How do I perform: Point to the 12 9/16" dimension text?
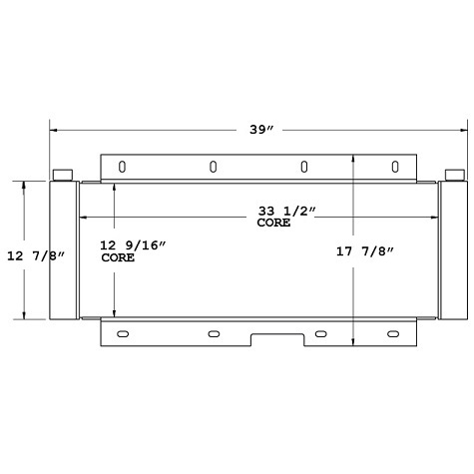133,245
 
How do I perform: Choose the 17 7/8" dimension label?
366,251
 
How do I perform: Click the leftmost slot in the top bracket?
122,167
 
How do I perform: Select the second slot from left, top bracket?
214,167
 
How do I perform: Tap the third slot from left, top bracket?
304,167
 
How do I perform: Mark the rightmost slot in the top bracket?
395,167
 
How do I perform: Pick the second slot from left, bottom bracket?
214,333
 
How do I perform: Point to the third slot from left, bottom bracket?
320,333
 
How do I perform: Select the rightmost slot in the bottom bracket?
395,333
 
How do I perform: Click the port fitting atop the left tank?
64,175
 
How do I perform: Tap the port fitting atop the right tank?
454,175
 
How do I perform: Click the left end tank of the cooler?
64,249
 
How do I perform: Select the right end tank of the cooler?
454,249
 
